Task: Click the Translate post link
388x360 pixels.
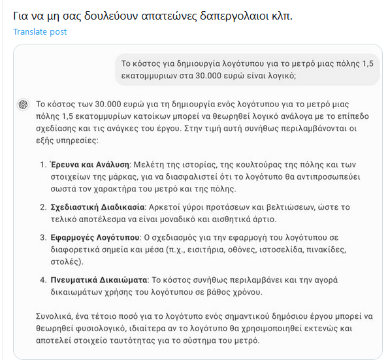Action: click(39, 31)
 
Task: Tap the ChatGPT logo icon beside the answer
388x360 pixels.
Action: click(24, 104)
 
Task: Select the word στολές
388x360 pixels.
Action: click(67, 264)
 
